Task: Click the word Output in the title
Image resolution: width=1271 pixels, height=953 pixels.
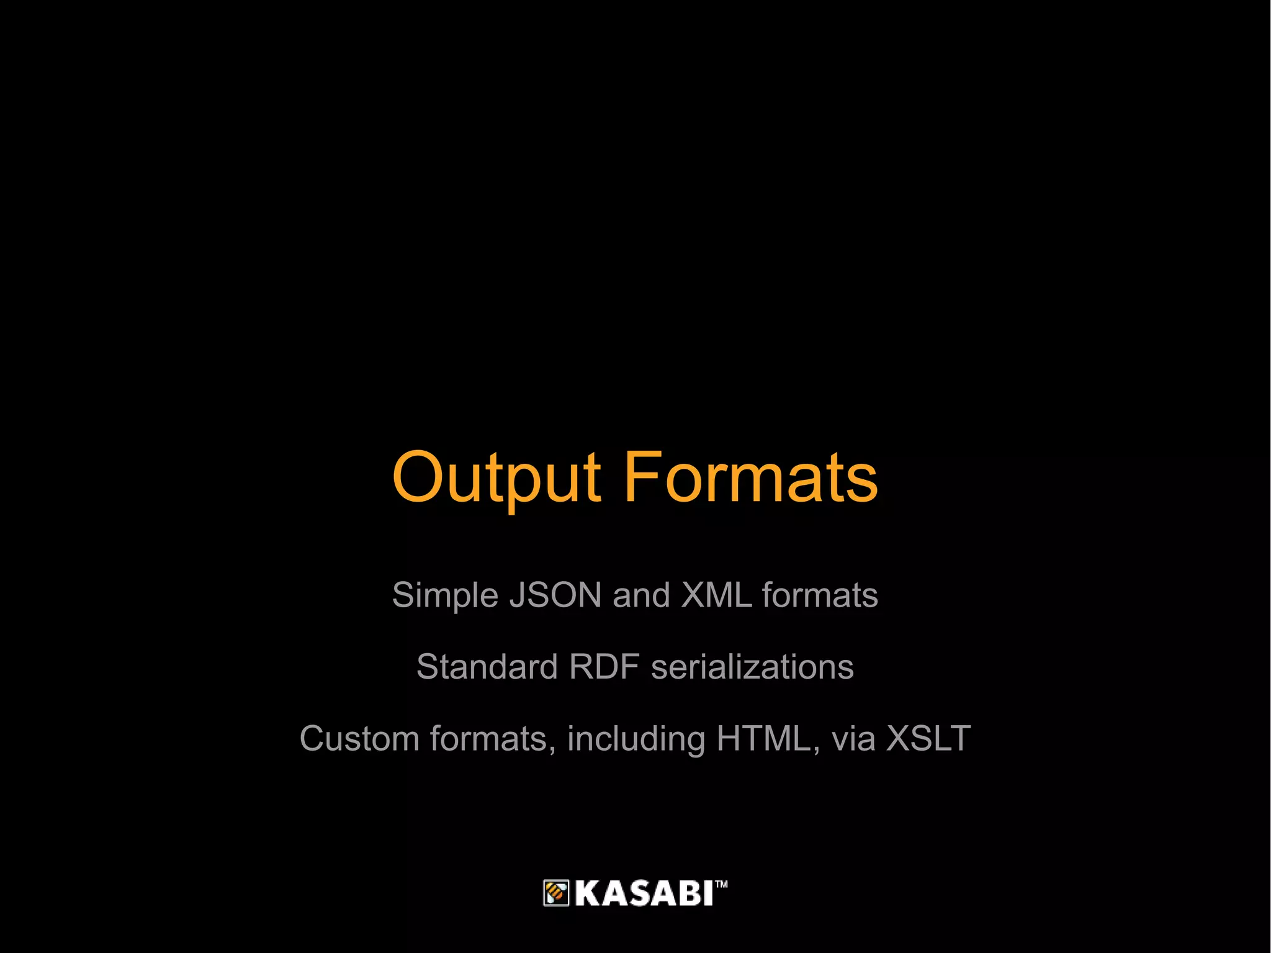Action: click(x=496, y=478)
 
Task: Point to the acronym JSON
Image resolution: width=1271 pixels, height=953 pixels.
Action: click(x=555, y=595)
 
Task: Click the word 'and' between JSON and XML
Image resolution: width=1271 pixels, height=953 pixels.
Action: click(x=641, y=595)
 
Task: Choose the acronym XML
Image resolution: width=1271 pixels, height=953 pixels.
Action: click(x=716, y=595)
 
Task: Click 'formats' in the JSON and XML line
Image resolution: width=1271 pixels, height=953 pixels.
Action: click(x=820, y=595)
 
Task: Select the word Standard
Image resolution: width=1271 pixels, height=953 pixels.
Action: click(x=487, y=667)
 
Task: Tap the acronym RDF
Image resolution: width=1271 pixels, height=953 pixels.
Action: click(x=604, y=667)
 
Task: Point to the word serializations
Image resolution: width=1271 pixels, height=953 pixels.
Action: click(x=752, y=667)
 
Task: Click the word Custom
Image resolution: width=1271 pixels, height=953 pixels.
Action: click(x=359, y=739)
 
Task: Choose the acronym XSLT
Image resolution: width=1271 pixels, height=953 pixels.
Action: click(x=928, y=739)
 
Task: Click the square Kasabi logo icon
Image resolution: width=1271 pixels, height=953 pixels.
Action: click(x=556, y=893)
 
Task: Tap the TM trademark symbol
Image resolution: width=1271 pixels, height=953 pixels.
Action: click(x=721, y=884)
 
